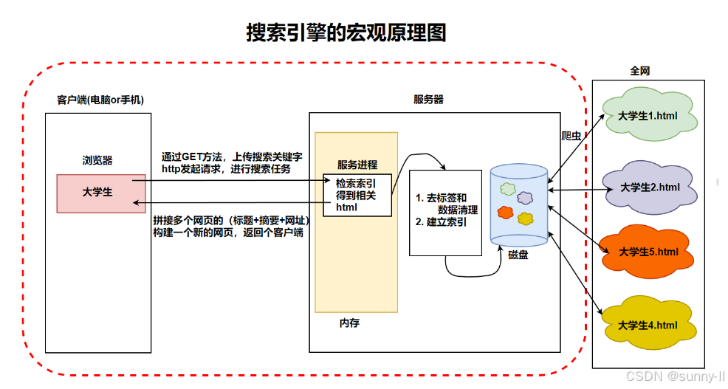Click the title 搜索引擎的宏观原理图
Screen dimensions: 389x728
point(346,33)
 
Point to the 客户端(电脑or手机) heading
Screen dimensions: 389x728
point(100,100)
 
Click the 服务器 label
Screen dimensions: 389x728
point(428,100)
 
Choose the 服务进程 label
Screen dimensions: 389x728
point(357,165)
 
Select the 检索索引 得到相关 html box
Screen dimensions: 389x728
point(357,196)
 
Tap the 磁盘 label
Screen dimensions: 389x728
point(518,255)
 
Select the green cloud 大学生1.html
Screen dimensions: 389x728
point(648,114)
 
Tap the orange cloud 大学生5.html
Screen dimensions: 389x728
point(648,252)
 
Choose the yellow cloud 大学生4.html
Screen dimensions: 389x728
point(647,325)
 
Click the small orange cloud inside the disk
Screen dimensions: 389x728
point(505,213)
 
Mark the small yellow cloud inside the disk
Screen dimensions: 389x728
point(525,218)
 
